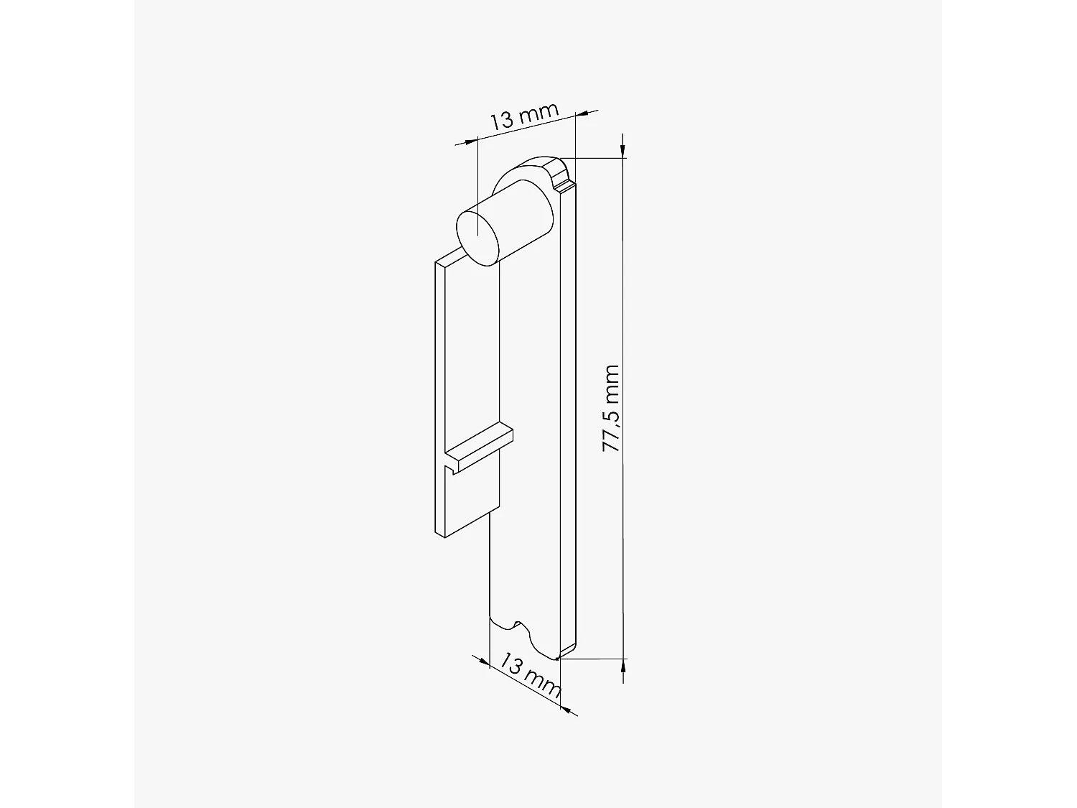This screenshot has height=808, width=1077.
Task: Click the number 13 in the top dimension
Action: click(x=502, y=121)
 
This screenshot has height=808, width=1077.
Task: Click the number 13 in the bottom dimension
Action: click(x=512, y=664)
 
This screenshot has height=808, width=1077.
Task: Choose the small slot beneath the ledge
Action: click(x=452, y=470)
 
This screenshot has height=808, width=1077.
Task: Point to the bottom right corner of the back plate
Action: click(x=559, y=656)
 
